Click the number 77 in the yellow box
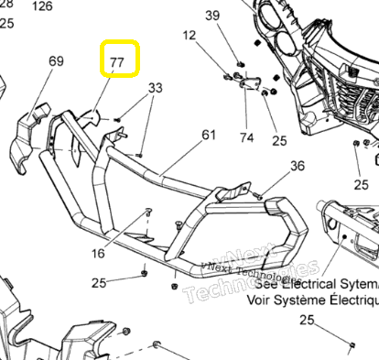point(117,61)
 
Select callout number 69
point(56,62)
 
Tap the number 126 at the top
point(42,5)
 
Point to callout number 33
point(156,88)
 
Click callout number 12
point(189,36)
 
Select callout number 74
point(247,138)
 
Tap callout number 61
point(209,135)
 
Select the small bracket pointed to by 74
point(247,83)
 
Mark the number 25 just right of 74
point(279,140)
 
